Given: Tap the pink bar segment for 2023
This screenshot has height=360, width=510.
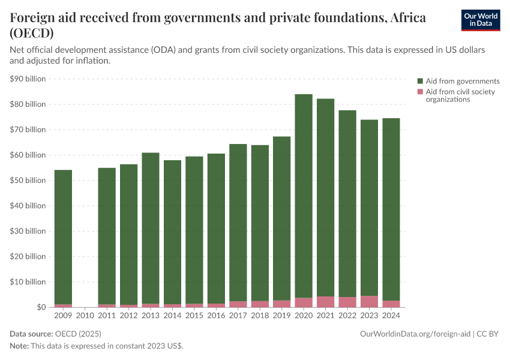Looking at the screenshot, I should coord(369,301).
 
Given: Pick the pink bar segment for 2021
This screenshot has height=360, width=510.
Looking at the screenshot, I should coord(325,301).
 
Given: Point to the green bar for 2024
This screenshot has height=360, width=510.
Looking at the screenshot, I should coord(391,209).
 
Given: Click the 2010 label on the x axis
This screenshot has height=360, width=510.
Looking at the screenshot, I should coord(85,314).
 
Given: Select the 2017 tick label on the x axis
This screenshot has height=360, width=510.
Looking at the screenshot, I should coord(238,314).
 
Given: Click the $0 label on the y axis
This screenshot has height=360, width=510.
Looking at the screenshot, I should coord(40,307).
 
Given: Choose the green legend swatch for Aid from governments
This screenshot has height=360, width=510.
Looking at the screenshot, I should coord(421,81).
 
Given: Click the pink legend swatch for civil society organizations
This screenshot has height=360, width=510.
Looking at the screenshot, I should coord(421,92).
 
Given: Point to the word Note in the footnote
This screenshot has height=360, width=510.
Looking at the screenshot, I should coord(19,346).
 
